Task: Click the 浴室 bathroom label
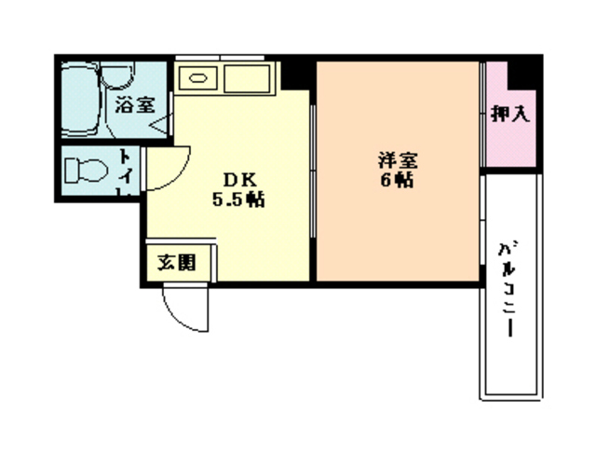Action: point(134,106)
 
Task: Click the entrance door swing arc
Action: point(186,308)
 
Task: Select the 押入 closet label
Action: point(509,115)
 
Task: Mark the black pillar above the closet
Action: point(526,69)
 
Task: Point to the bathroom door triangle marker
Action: point(160,121)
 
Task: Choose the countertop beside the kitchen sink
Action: point(246,78)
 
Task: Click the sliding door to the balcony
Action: point(482,224)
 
